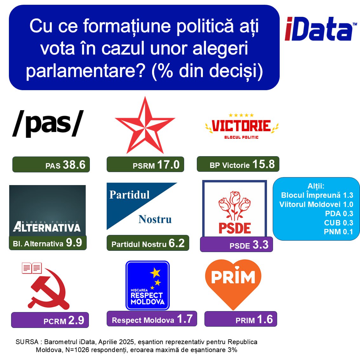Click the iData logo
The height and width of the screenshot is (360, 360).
321,29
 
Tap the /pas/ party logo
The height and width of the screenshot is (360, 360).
48,124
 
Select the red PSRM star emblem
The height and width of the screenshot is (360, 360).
145,125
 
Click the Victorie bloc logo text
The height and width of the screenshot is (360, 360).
242,127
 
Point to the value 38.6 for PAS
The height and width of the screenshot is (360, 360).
74,165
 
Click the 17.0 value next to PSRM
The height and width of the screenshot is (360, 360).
168,165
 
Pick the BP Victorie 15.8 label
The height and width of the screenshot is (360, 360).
238,164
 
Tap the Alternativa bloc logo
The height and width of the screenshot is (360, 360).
47,210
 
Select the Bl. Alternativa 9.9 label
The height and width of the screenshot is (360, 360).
48,243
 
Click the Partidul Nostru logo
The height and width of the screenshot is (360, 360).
142,206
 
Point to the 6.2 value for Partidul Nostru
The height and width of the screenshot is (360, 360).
177,243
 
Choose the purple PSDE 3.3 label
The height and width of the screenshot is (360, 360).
237,244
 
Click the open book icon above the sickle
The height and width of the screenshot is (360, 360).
32,268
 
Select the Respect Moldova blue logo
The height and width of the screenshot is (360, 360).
147,285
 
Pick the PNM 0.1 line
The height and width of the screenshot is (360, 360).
338,232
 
